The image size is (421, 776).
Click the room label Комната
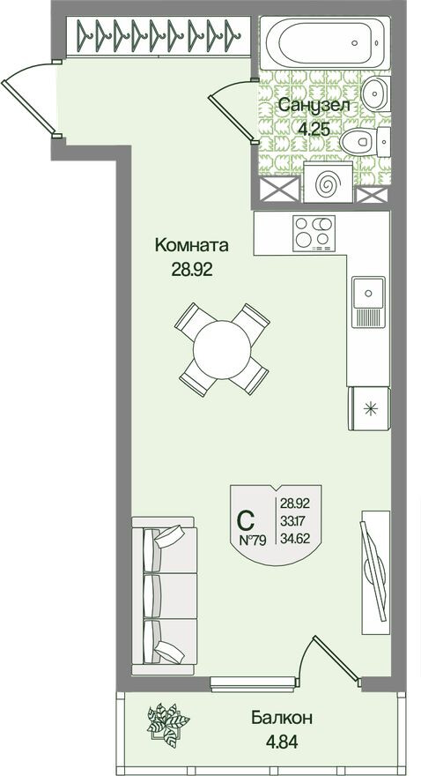coord(192,244)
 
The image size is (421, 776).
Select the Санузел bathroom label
coord(314,106)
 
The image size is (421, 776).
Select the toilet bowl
coord(360,141)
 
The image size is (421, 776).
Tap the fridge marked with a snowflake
coord(370,407)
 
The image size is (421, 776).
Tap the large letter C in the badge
coord(249,519)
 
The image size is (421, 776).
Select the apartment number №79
coord(254,540)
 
